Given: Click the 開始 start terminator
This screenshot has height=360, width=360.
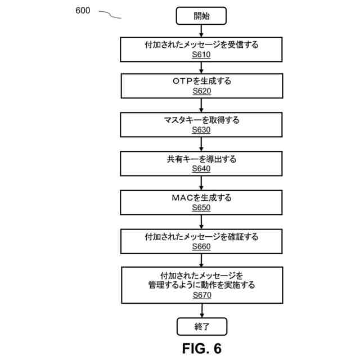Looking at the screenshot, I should [201, 16].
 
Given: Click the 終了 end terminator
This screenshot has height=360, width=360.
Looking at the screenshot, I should [201, 326].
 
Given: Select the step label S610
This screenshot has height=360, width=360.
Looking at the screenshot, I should [201, 54].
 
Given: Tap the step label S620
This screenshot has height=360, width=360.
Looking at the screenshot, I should [201, 91].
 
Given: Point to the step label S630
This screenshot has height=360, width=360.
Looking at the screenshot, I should [201, 130].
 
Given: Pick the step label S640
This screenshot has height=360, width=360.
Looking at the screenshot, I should [201, 169].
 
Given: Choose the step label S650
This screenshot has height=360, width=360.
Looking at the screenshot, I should [201, 208].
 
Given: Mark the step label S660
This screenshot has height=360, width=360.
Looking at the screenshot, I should [201, 246].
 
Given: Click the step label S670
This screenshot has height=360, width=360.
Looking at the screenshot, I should [201, 295].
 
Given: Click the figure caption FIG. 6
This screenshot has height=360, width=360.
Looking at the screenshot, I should [201, 348].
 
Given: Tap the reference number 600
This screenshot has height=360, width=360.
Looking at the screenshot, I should [83, 11].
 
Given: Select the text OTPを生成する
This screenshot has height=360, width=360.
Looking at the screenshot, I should [201, 81].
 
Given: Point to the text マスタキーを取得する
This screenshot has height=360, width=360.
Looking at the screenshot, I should [201, 120].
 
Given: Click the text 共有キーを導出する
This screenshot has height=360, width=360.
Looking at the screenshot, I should [201, 159].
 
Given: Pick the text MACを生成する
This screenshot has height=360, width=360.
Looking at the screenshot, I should [201, 197].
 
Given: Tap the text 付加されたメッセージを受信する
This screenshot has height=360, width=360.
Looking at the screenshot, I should [201, 44].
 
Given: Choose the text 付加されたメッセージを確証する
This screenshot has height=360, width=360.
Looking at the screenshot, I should [201, 236].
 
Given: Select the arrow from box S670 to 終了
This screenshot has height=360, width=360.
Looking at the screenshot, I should [201, 310].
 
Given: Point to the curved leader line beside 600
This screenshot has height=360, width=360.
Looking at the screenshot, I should [110, 15].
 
